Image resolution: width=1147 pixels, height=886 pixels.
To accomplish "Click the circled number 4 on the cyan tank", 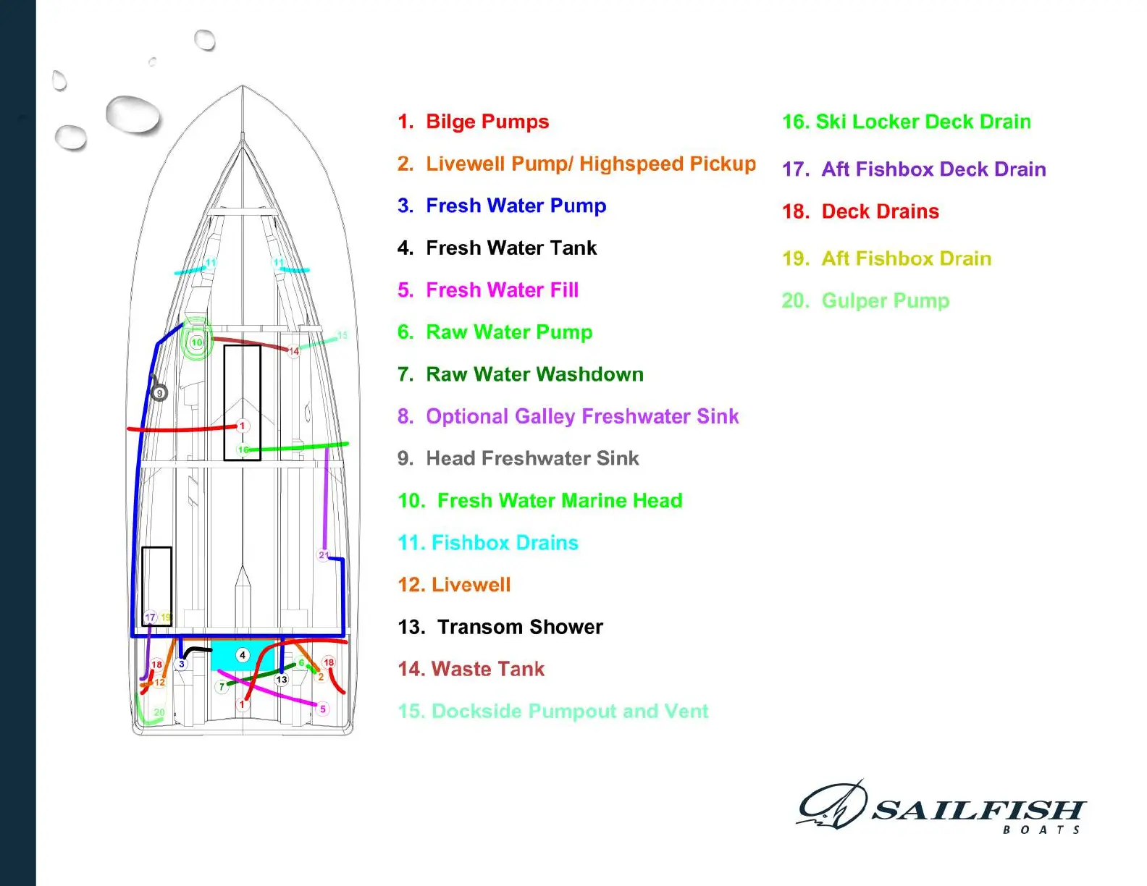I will (x=243, y=655).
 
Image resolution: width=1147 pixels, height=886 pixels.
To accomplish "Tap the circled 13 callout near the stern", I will (x=282, y=680).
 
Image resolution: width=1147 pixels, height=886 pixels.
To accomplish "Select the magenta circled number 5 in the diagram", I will (x=323, y=709).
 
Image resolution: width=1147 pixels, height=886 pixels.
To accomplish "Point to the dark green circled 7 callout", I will (x=222, y=686).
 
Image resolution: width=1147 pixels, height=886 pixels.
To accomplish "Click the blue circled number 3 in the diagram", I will (x=182, y=664).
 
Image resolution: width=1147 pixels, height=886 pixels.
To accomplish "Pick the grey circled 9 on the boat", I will (x=159, y=393).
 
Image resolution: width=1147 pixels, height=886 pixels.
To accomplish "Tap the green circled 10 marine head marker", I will (x=196, y=342).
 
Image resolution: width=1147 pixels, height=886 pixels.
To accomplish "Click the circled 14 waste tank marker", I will (x=294, y=351).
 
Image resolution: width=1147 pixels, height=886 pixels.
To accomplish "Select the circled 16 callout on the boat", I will (x=243, y=450).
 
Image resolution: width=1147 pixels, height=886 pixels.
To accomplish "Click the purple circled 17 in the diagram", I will (x=150, y=617).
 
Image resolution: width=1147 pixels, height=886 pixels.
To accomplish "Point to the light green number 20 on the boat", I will (x=159, y=712).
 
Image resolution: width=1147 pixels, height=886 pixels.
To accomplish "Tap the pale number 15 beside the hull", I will (x=343, y=335).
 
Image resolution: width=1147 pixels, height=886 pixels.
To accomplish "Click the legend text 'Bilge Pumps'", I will (x=487, y=122).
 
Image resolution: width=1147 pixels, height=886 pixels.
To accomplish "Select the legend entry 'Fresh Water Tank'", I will (x=511, y=248).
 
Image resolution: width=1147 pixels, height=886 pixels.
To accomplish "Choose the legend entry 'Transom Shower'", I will (x=520, y=627).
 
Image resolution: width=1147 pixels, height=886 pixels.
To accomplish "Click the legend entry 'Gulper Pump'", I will (x=885, y=300).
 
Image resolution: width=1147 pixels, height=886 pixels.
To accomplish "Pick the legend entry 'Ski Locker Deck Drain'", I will (x=923, y=122).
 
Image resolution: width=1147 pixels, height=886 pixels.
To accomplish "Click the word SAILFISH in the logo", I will (x=977, y=809).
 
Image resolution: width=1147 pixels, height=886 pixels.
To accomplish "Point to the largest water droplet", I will (x=133, y=114).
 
